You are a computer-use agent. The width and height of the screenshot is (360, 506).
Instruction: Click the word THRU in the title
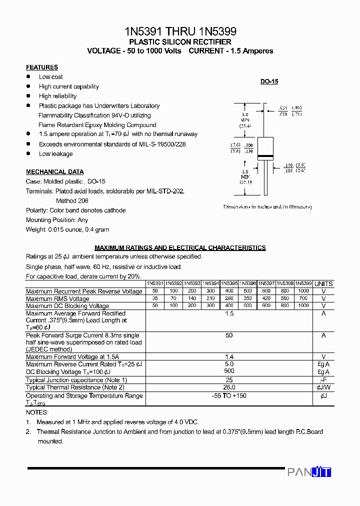pyautogui.click(x=180, y=31)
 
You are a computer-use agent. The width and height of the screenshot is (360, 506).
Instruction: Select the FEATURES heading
pyautogui.click(x=42, y=67)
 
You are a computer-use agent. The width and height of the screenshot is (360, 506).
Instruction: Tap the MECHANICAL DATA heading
pyautogui.click(x=54, y=172)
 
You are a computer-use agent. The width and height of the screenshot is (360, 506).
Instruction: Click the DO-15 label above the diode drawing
pyautogui.click(x=269, y=81)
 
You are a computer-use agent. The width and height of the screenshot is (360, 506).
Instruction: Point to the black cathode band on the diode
pyautogui.click(x=265, y=157)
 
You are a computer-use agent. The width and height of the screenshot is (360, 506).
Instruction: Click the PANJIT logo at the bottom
pyautogui.click(x=309, y=472)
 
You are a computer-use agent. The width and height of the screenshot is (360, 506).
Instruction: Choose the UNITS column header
pyautogui.click(x=323, y=283)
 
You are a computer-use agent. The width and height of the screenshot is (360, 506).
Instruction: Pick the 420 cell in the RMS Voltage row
pyautogui.click(x=266, y=298)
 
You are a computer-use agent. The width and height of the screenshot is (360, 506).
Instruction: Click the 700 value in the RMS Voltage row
pyautogui.click(x=303, y=298)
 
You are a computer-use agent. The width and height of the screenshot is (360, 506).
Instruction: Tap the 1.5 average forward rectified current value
pyautogui.click(x=229, y=313)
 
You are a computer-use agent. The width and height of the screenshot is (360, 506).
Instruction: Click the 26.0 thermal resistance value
pyautogui.click(x=229, y=387)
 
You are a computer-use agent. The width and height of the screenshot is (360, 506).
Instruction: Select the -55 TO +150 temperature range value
pyautogui.click(x=229, y=395)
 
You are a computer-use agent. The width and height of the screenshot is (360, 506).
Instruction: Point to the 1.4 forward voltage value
pyautogui.click(x=229, y=357)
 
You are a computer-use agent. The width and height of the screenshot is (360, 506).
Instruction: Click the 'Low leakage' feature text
pyautogui.click(x=56, y=154)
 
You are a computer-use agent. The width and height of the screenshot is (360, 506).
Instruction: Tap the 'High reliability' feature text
pyautogui.click(x=58, y=96)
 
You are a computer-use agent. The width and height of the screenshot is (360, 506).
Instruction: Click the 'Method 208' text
pyautogui.click(x=72, y=200)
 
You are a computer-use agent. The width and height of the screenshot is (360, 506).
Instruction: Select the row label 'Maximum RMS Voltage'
pyautogui.click(x=57, y=299)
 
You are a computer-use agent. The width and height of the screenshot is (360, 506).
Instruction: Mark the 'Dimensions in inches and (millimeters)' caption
pyautogui.click(x=267, y=206)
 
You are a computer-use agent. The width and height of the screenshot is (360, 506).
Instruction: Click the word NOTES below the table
pyautogui.click(x=37, y=412)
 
